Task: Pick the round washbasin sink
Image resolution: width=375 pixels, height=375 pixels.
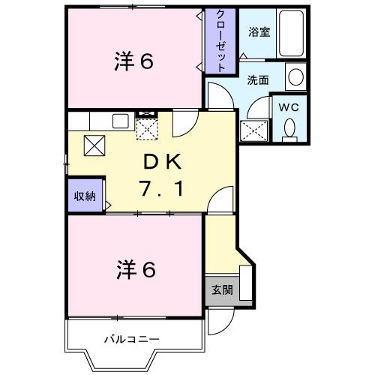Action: pyautogui.click(x=295, y=76)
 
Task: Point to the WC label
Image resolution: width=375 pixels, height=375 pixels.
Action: pyautogui.click(x=289, y=106)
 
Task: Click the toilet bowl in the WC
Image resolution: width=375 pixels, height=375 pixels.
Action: pyautogui.click(x=289, y=130)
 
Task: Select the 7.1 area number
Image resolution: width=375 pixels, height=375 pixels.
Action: pyautogui.click(x=160, y=190)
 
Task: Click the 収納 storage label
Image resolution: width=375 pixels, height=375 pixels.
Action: pyautogui.click(x=84, y=196)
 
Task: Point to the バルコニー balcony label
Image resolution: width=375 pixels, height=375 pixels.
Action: pyautogui.click(x=132, y=339)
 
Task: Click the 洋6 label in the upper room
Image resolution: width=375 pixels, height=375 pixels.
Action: pyautogui.click(x=135, y=61)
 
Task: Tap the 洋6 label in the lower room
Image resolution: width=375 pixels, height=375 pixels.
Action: pyautogui.click(x=135, y=269)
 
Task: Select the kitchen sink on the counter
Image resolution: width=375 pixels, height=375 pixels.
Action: pyautogui.click(x=120, y=120)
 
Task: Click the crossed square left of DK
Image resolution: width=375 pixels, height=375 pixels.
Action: pyautogui.click(x=94, y=145)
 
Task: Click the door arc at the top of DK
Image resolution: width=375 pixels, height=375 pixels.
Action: pyautogui.click(x=184, y=124)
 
